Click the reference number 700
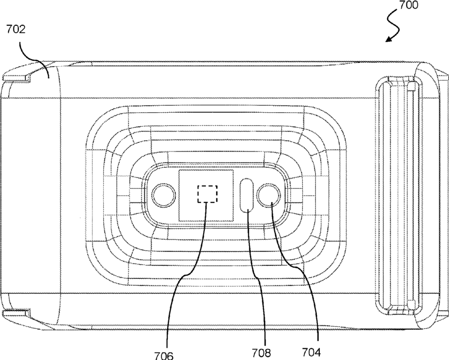(408, 5)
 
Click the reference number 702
(16, 29)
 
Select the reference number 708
(261, 352)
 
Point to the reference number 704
(312, 352)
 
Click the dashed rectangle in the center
(208, 194)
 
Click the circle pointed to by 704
(269, 195)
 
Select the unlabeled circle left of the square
(164, 196)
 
